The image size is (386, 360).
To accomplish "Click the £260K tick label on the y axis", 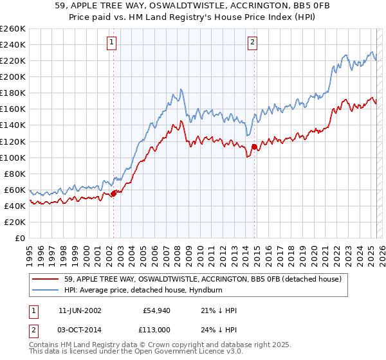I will coord(13,29).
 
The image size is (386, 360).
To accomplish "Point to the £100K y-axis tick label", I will coord(13,157).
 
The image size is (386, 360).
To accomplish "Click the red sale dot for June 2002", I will coord(114,193).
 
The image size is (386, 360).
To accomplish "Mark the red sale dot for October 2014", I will coord(253,147).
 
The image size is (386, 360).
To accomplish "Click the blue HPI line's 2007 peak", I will coord(181,89).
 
